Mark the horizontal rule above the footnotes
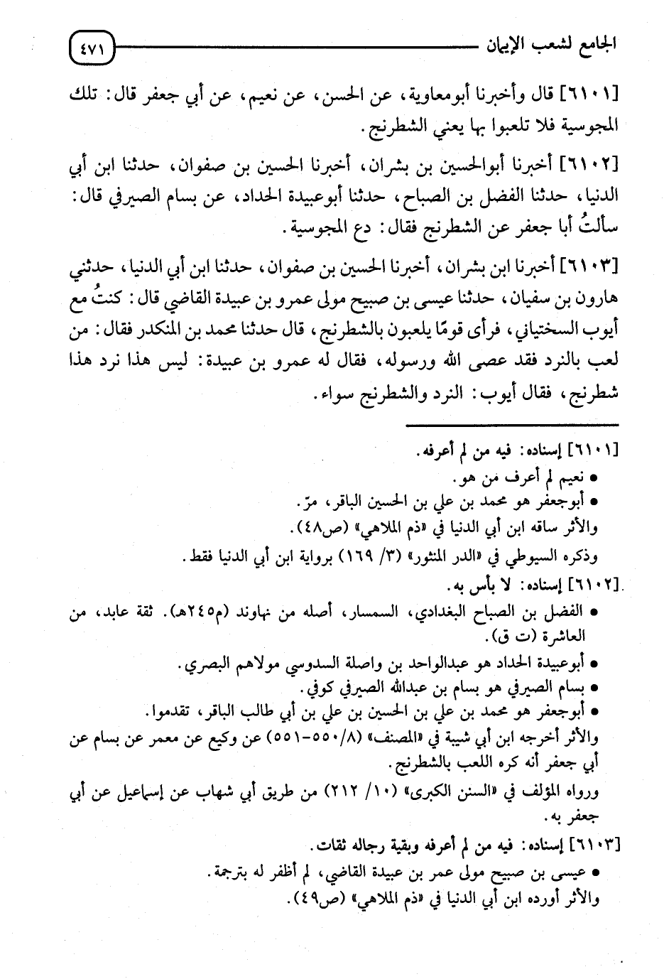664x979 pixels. pos(511,425)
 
